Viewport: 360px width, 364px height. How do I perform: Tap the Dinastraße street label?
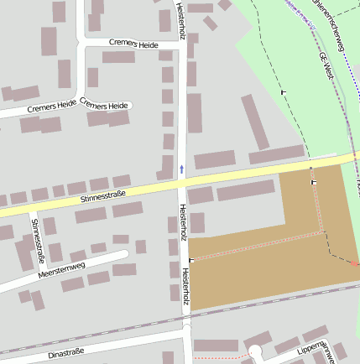(x=67, y=355)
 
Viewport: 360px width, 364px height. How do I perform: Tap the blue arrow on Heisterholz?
(x=181, y=169)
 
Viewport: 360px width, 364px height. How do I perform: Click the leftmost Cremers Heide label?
(x=51, y=107)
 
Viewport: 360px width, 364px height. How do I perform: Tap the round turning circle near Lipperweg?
(x=255, y=351)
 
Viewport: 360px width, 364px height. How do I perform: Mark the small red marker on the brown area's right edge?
(x=354, y=263)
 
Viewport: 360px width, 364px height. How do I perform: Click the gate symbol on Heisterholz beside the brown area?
(x=191, y=261)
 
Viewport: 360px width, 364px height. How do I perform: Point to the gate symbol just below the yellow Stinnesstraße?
(x=314, y=181)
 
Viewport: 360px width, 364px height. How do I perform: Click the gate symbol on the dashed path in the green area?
(x=283, y=91)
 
